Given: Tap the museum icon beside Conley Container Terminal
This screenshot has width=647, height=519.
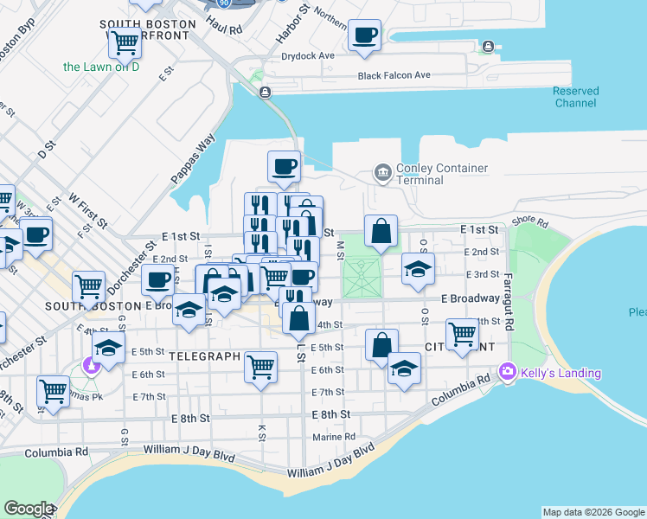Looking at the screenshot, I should [382, 173].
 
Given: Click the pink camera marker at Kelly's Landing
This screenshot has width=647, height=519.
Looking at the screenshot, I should [507, 372].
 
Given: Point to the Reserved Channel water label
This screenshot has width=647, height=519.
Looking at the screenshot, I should [575, 97].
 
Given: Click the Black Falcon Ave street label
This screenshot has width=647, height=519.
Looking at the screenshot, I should [394, 75].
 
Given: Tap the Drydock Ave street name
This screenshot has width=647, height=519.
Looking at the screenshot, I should [308, 55].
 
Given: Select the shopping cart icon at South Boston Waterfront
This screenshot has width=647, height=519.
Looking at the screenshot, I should [125, 40].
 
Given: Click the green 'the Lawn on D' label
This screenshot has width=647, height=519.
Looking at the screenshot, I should [101, 67].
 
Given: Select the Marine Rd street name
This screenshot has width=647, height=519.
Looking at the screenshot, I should [334, 437].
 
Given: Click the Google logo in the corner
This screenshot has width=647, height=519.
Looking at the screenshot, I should [29, 509].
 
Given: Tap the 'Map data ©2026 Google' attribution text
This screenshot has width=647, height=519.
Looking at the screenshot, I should [593, 512].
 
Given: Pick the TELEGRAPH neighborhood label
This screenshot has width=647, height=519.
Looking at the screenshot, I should [203, 356].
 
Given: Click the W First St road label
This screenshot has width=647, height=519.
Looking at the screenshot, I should [88, 211].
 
